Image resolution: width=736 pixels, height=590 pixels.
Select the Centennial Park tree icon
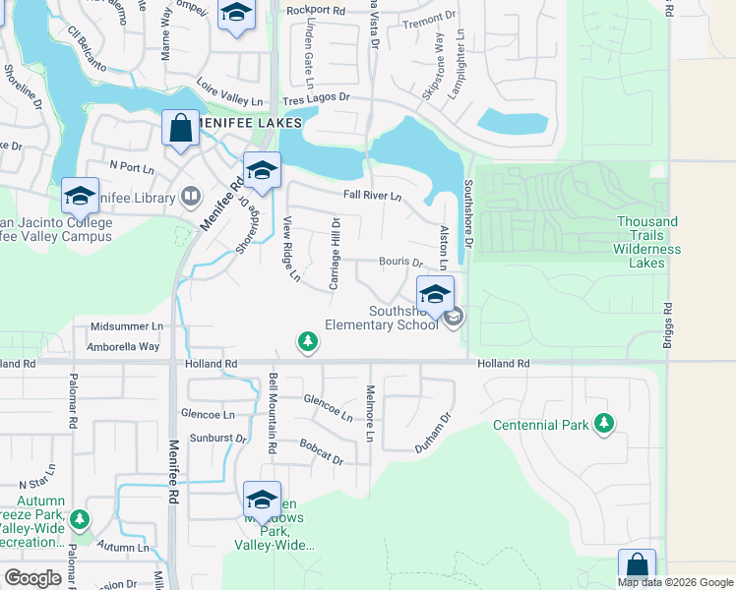coord(604,424)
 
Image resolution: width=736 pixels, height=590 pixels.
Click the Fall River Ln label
coord(372,195)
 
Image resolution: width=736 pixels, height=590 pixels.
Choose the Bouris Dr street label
coord(400,263)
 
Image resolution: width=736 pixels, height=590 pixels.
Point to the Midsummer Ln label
coord(125,325)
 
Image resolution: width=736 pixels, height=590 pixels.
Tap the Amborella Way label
coord(123,346)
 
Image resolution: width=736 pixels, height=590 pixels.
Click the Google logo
coord(32,578)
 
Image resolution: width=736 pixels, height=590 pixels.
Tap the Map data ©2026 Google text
coord(674,582)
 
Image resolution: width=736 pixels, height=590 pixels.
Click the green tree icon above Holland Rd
coord(308,341)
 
